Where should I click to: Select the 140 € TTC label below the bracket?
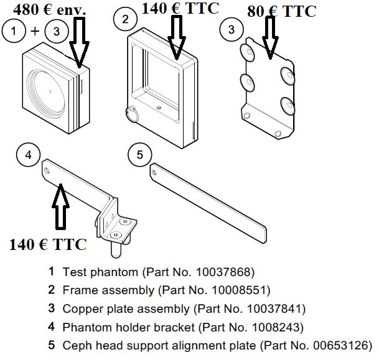48,244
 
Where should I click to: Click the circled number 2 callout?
126,19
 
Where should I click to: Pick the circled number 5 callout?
140,154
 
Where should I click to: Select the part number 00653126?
341,344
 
